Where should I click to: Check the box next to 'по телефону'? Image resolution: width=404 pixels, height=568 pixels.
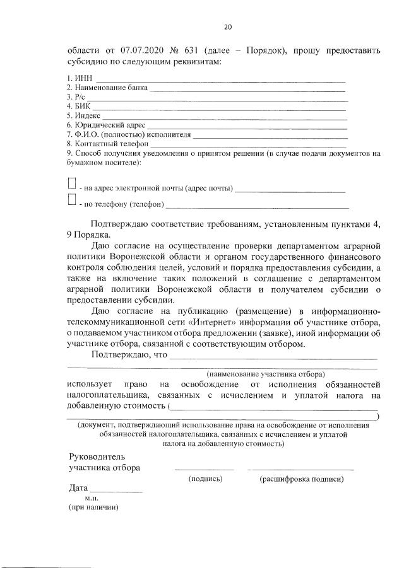click(72, 201)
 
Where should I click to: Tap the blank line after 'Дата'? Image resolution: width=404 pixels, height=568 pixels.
click(116, 491)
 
